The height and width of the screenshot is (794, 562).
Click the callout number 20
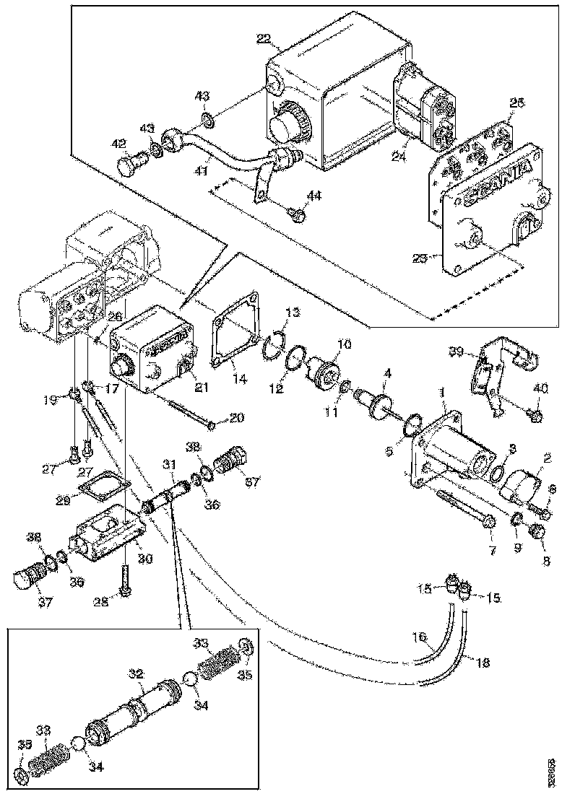coord(237,417)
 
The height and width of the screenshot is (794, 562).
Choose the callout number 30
coord(145,557)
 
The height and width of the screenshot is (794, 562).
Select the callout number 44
coord(314,196)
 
